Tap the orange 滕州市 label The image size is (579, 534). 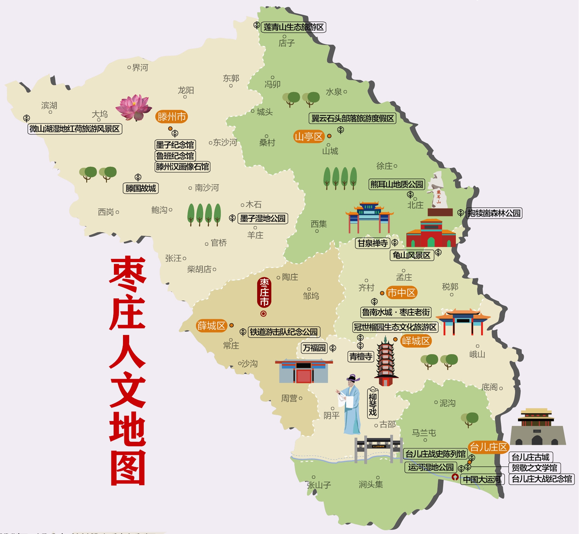172,117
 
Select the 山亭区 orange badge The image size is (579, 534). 309,137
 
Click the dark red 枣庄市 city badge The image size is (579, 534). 264,293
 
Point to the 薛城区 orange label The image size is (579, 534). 211,326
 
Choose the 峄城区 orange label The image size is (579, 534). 416,341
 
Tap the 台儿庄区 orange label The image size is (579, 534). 488,447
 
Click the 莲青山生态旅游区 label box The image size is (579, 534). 293,27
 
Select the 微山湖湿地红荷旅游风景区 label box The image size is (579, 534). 75,129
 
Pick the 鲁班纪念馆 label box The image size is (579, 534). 175,156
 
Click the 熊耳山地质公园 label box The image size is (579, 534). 396,184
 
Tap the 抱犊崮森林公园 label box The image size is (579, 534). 494,213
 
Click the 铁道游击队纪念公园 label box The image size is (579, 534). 284,332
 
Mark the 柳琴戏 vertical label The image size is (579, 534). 373,403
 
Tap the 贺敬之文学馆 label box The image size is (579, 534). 534,468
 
